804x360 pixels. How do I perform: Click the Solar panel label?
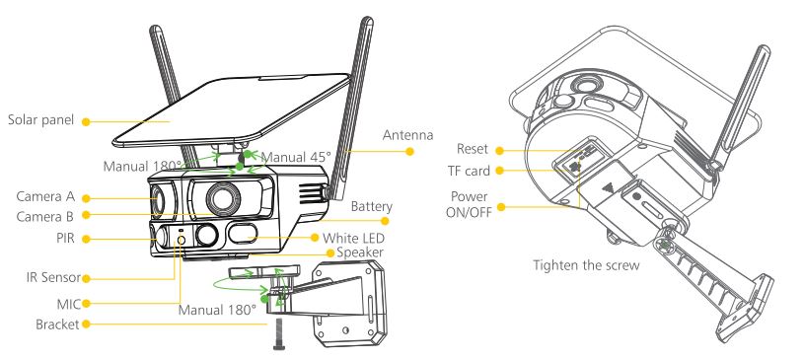point(41,120)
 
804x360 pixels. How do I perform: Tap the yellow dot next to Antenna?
point(409,151)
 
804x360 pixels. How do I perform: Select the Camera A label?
point(45,196)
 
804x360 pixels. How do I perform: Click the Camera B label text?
point(45,216)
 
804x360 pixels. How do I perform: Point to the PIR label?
point(66,239)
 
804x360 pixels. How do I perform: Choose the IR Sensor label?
point(54,278)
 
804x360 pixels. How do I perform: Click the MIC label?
point(69,304)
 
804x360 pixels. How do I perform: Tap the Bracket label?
point(57,324)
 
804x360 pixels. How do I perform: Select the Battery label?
point(372,207)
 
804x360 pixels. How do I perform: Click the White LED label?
point(353,239)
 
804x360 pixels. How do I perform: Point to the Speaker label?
point(360,252)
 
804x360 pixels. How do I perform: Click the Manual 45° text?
point(296,157)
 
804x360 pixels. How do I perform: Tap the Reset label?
point(473,149)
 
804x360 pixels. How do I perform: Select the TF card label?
point(470,171)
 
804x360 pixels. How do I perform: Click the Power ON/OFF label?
point(469,204)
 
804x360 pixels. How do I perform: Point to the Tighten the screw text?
point(587,265)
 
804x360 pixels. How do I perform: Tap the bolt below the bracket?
point(279,333)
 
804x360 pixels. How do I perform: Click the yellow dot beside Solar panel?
point(86,122)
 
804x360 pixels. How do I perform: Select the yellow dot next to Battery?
point(385,221)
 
